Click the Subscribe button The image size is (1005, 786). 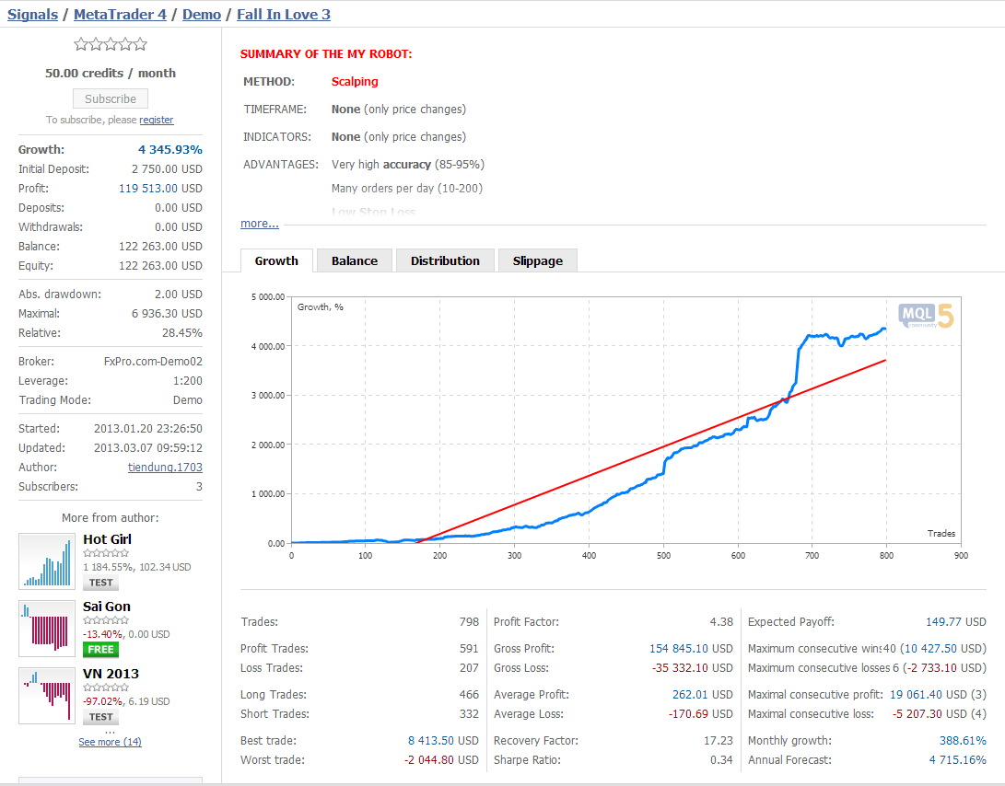(111, 98)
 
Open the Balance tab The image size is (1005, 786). (355, 260)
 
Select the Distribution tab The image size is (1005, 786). (445, 260)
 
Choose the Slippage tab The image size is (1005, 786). (538, 260)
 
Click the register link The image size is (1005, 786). (157, 120)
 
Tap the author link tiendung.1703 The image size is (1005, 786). (166, 467)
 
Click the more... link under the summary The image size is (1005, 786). (260, 223)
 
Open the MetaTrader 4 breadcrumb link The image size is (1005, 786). (120, 14)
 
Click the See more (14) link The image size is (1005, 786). (111, 742)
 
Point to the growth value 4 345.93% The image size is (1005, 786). (170, 149)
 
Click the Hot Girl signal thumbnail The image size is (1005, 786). (47, 561)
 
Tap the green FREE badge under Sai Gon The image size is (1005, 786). (100, 650)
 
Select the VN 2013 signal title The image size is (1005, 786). (111, 674)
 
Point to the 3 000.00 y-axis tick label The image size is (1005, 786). (268, 395)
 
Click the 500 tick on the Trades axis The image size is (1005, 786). (663, 555)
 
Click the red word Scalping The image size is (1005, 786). (355, 81)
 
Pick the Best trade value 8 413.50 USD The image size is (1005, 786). (443, 741)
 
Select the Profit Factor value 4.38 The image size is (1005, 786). (721, 621)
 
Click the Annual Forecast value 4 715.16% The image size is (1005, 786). (958, 759)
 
